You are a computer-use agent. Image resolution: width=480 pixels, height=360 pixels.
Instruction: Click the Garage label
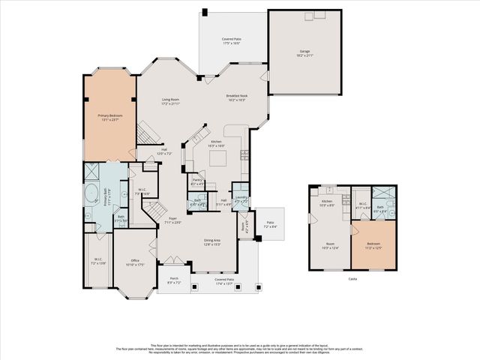tap(304, 53)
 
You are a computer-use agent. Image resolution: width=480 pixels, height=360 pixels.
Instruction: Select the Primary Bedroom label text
tap(109, 117)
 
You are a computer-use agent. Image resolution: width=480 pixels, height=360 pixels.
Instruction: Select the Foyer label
tap(172, 220)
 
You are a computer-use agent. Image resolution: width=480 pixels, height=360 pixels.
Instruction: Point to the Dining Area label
tap(212, 241)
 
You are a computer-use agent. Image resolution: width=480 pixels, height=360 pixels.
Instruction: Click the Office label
tap(135, 262)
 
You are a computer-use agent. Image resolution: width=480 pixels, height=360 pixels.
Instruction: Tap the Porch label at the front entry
tap(173, 281)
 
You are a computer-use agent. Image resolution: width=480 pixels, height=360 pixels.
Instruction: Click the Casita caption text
tap(352, 278)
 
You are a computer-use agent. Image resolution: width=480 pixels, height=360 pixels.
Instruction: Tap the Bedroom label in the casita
tap(373, 246)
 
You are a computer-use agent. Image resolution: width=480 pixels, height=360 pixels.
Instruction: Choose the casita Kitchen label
tap(327, 203)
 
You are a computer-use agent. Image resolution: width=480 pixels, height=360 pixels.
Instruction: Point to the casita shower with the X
tap(379, 193)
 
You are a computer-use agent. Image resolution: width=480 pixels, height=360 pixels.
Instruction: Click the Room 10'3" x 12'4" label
tap(330, 246)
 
